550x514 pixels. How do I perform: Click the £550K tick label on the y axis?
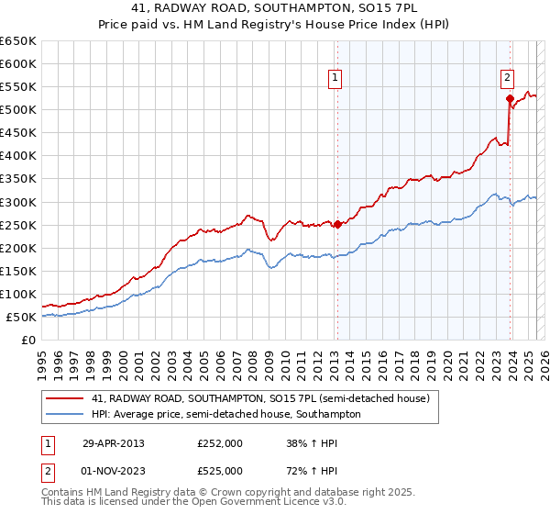[17, 87]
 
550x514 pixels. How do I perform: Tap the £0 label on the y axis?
[28, 340]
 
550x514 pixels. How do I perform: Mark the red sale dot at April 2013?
[337, 223]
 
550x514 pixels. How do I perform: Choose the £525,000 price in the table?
[220, 471]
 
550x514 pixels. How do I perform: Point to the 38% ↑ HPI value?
[313, 443]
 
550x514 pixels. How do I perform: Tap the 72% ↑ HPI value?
[313, 471]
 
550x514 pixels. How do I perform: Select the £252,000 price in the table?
[220, 443]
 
